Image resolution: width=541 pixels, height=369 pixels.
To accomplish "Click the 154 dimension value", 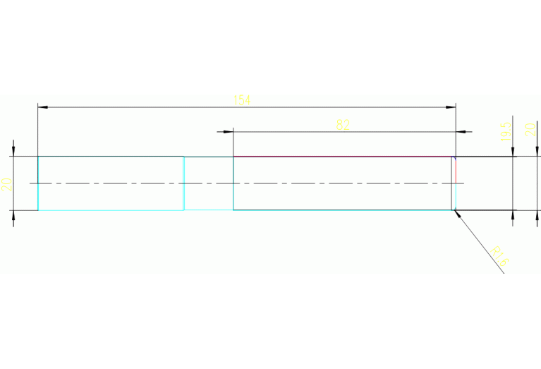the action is (x=242, y=100).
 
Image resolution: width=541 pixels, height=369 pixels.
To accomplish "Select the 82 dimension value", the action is (x=343, y=125).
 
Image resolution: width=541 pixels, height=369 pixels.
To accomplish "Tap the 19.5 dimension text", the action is (x=505, y=132).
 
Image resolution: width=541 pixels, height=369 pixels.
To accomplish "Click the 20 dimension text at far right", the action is (x=530, y=130).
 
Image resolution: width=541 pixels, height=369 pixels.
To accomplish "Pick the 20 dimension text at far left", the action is (x=6, y=185).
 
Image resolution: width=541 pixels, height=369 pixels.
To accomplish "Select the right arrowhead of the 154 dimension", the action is (x=451, y=107).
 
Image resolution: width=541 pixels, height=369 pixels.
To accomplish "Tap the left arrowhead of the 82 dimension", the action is (x=229, y=131).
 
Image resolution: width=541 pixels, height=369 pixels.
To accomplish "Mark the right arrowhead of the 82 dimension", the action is (x=462, y=131).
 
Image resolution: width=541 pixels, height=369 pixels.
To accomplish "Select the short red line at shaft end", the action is (x=456, y=169).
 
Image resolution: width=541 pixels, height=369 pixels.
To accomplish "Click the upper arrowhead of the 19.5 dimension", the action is (x=513, y=152).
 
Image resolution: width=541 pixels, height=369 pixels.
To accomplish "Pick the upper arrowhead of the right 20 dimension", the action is (x=537, y=152).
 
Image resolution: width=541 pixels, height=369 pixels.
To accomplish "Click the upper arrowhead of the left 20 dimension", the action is (x=13, y=152).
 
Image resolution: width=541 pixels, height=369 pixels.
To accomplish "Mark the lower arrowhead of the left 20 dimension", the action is (x=13, y=214).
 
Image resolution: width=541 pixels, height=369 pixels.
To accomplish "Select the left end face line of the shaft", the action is (x=38, y=183).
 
